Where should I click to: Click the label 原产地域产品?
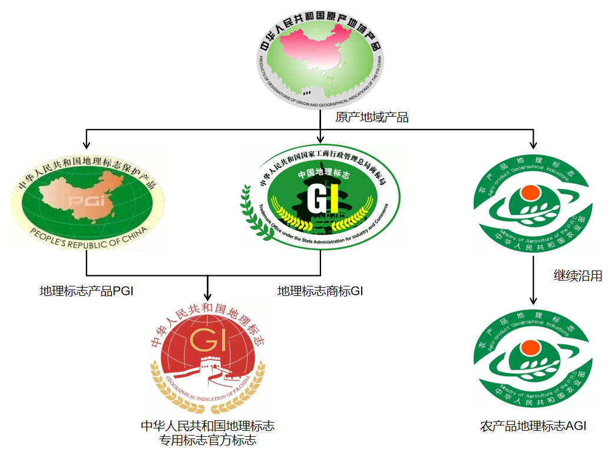pyautogui.click(x=372, y=117)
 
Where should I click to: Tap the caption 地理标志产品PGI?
pyautogui.click(x=86, y=291)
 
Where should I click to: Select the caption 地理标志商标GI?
pyautogui.click(x=321, y=291)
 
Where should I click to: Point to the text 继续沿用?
pyautogui.click(x=578, y=275)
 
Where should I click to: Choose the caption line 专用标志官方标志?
pyautogui.click(x=207, y=440)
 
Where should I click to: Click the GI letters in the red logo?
pyautogui.click(x=204, y=340)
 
